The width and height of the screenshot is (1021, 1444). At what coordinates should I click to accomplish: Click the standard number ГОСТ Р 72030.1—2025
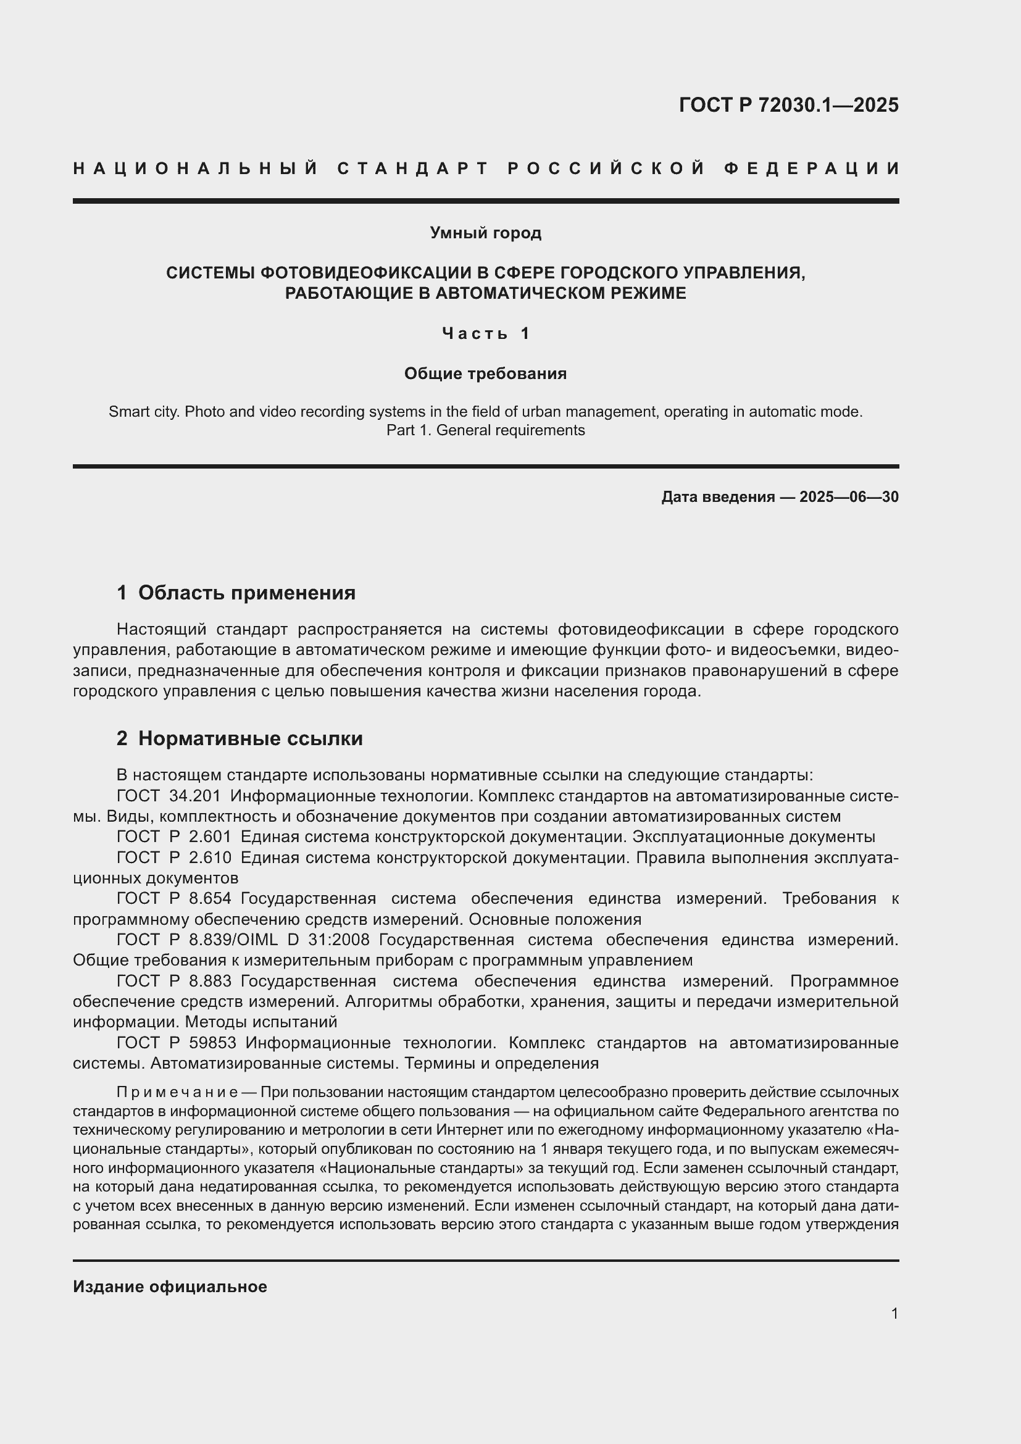pyautogui.click(x=788, y=105)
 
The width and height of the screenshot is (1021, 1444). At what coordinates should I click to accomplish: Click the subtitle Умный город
pyautogui.click(x=485, y=233)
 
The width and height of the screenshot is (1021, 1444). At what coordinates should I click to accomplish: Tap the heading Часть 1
pyautogui.click(x=485, y=333)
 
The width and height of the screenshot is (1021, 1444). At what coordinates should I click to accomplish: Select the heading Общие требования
pyautogui.click(x=485, y=374)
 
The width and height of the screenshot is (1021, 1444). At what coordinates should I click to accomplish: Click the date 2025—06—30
pyautogui.click(x=849, y=498)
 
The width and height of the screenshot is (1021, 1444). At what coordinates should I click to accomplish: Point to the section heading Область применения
pyautogui.click(x=246, y=593)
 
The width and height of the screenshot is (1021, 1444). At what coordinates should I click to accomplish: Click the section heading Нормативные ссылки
pyautogui.click(x=250, y=738)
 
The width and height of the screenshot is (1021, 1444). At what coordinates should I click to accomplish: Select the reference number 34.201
pyautogui.click(x=195, y=796)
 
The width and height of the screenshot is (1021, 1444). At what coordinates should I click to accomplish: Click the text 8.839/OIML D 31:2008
pyautogui.click(x=279, y=940)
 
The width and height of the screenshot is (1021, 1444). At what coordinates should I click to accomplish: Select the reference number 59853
pyautogui.click(x=212, y=1043)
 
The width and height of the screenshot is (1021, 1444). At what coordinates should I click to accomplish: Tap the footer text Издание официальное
pyautogui.click(x=170, y=1287)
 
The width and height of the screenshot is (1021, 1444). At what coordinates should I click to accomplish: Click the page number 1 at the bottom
pyautogui.click(x=894, y=1314)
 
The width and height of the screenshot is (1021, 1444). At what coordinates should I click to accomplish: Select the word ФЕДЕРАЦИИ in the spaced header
pyautogui.click(x=811, y=169)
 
